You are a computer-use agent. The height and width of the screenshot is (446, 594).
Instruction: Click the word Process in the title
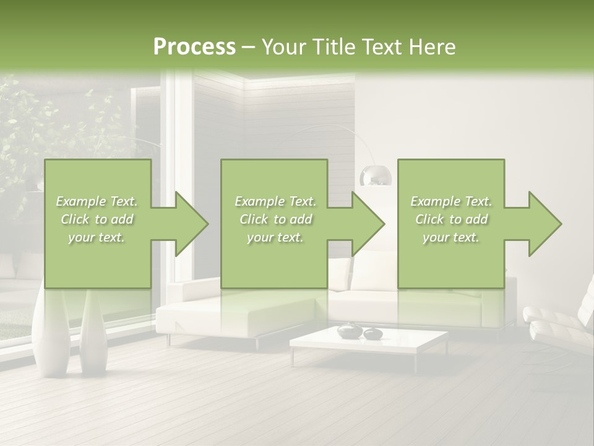coord(194,46)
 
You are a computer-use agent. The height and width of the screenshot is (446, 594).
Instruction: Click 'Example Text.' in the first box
coord(97,201)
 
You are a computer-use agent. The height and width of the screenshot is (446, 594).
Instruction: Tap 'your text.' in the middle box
coord(275,237)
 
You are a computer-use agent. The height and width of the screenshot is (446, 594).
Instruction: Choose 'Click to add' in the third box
coord(451,219)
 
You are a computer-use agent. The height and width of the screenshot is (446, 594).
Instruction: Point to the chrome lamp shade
coord(376,176)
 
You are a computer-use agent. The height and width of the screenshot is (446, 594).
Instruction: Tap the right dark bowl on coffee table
coord(372,334)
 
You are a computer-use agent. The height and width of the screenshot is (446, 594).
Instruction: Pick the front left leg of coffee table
coord(293,356)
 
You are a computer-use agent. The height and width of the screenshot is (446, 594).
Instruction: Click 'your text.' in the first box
coord(97,237)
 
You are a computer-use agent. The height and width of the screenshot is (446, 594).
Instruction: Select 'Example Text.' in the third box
coord(451,201)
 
